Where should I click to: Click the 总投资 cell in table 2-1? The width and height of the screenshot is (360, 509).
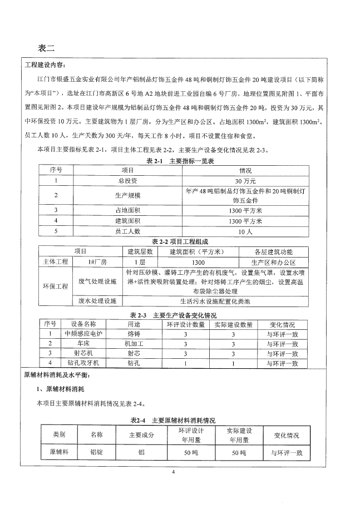point(124,181)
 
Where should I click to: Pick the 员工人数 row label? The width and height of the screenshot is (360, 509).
point(124,231)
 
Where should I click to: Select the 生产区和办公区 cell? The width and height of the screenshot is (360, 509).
point(273,261)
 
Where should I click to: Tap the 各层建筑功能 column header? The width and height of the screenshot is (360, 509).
point(273,251)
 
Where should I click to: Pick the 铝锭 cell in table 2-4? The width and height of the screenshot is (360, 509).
point(96,453)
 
